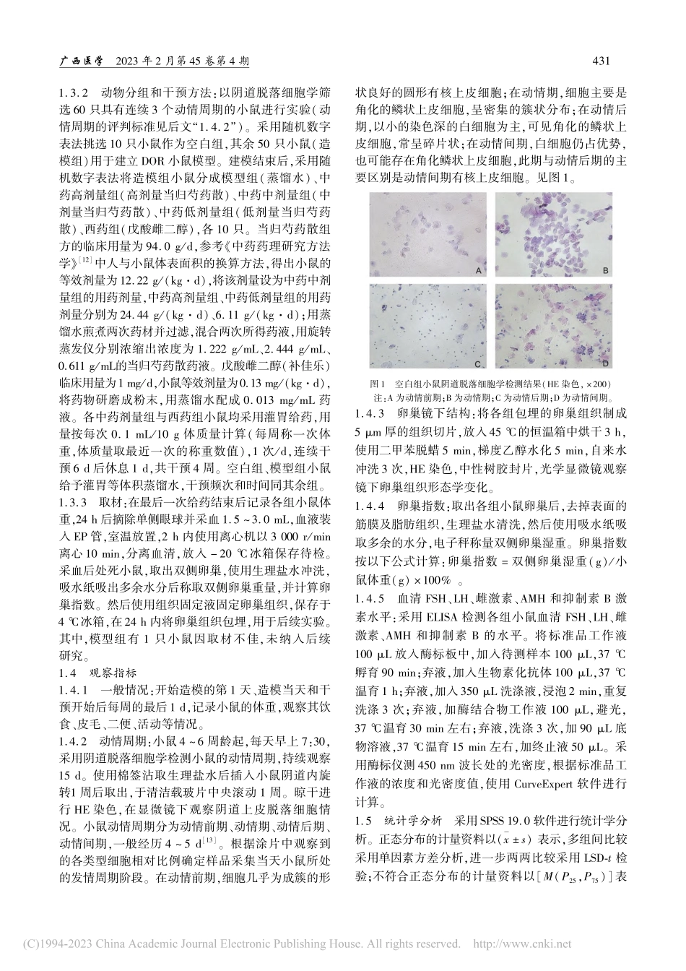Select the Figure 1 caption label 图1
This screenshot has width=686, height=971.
click(379, 384)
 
